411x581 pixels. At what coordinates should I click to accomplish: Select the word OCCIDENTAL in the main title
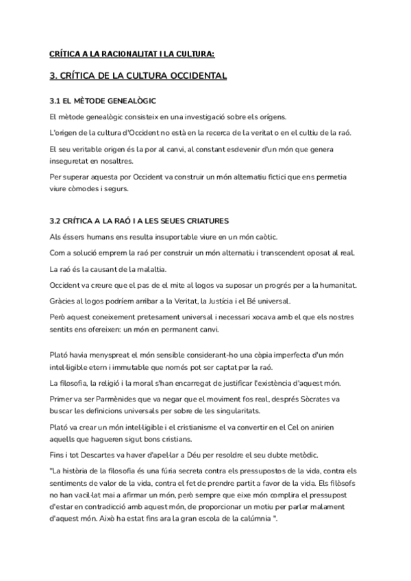[x=192, y=76]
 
